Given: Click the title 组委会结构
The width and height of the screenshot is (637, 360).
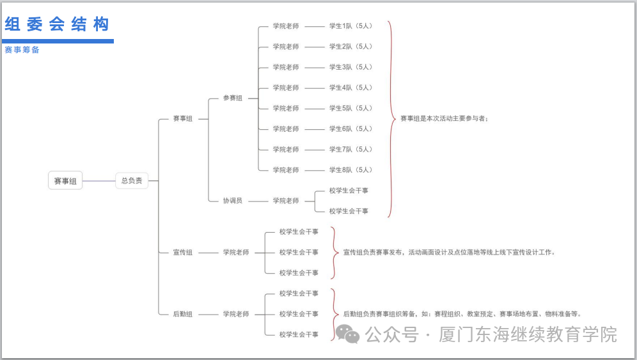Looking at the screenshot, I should pos(57,24).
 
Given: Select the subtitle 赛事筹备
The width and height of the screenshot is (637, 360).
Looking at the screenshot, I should pos(22,50).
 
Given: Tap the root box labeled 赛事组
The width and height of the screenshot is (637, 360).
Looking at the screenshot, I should pos(65,181).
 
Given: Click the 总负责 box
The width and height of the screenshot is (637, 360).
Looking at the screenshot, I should pos(132,181).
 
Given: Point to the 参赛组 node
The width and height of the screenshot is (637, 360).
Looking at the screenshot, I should pos(233,98).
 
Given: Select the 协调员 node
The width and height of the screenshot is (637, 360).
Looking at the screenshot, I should pos(233,201).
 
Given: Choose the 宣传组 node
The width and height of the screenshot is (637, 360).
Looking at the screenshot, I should pos(182,253).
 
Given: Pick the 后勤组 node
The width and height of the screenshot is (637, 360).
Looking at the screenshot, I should pos(182,314).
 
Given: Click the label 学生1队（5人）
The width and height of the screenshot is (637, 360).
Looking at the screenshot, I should pos(350,26).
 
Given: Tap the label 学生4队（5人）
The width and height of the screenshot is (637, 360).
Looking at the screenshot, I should pos(350,88).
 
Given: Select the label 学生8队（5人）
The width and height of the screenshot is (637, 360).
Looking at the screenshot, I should pos(350,170).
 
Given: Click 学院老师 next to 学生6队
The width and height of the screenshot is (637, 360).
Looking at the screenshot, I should pos(286,129).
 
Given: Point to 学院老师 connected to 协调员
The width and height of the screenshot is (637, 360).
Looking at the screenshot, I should pos(286,201).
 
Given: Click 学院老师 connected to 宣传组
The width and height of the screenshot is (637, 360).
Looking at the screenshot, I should pos(236,253).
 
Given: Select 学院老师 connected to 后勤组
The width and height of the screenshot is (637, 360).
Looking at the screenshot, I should pos(236,314).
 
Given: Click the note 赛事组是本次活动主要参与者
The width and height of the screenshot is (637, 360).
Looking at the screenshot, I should pos(444,118).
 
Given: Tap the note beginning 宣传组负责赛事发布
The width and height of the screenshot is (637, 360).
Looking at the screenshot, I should pos(449,253).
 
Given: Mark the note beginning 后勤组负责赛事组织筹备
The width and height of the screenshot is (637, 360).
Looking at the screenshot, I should pos(462,314).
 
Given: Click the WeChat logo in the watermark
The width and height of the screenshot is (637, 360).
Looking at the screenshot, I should pos(348,334).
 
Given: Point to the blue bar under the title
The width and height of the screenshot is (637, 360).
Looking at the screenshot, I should pos(59,41).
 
